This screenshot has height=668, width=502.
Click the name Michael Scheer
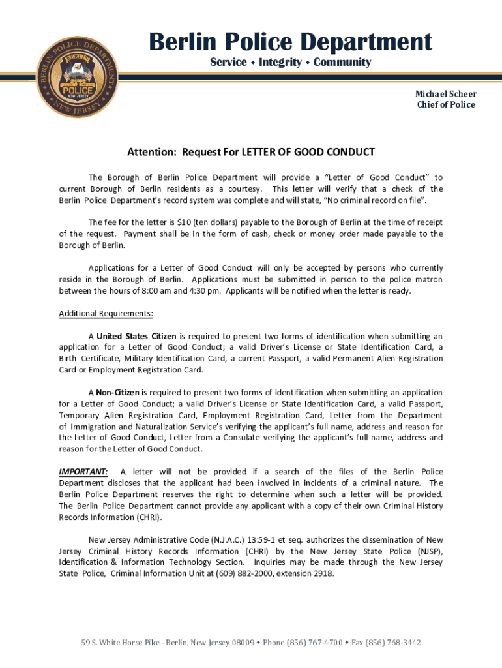446,94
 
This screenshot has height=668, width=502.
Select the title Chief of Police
446,105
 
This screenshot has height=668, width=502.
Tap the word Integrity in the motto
280,63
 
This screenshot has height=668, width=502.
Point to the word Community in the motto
342,63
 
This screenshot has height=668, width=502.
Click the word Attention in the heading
152,153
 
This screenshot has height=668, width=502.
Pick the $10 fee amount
175,222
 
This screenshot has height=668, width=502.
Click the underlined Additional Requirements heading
106,314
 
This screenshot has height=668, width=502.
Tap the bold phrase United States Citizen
137,337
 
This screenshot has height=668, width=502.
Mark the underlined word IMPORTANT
83,472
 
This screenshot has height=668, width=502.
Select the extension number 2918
323,574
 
